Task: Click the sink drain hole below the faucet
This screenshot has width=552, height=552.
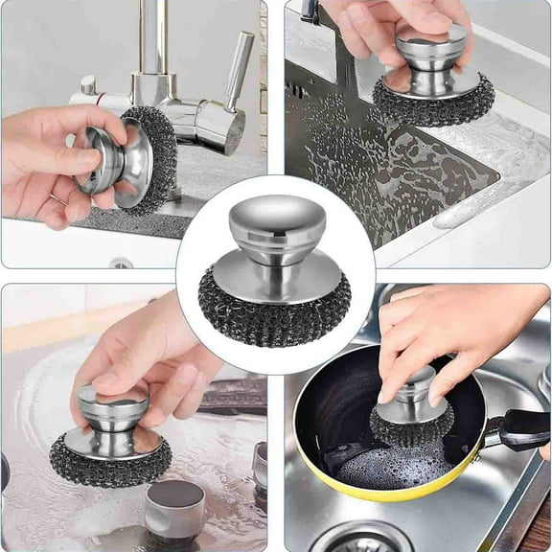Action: click(121, 263)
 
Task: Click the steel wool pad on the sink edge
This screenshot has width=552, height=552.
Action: click(433, 101)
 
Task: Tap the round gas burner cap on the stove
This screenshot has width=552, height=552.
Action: click(174, 503)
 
